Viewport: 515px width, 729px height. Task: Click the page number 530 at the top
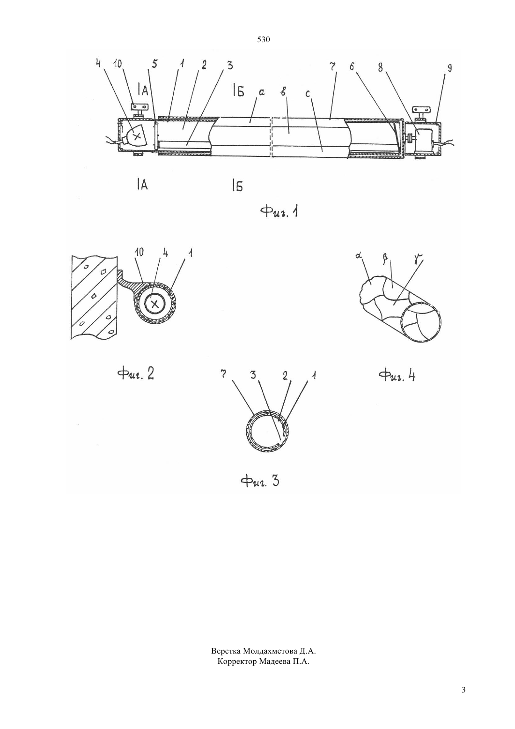click(263, 40)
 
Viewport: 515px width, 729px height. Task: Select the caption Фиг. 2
click(136, 374)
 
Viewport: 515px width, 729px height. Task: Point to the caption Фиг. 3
click(259, 481)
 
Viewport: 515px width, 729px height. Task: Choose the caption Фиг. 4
click(397, 376)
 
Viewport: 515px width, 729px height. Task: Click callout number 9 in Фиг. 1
click(449, 68)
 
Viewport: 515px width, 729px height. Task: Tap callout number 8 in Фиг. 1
click(380, 67)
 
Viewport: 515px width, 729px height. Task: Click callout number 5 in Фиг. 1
click(154, 64)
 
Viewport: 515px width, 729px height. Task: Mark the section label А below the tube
click(143, 185)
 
